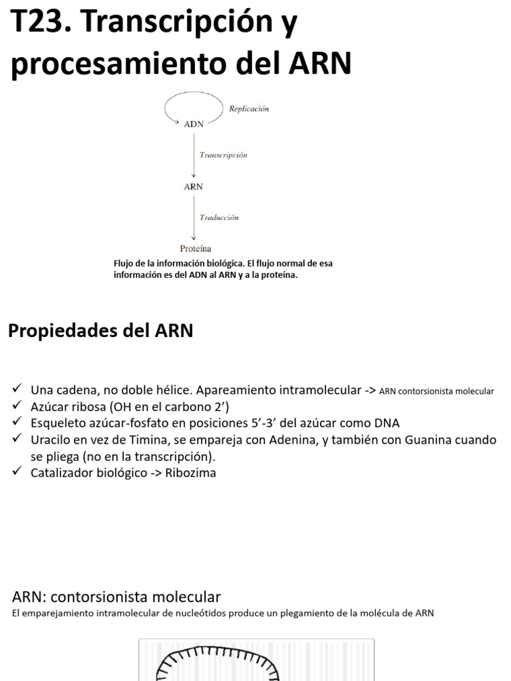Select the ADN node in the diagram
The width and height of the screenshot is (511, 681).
point(194,123)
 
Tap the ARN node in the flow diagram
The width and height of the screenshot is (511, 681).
point(194,187)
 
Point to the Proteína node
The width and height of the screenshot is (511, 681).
point(195,249)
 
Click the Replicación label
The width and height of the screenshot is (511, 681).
point(249,109)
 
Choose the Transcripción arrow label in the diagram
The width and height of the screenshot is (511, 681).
point(224,155)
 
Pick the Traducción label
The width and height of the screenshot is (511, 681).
point(219,217)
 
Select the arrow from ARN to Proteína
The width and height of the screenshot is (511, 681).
point(194,217)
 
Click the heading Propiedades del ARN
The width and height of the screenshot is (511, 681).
point(100,331)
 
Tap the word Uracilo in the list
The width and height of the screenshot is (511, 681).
point(51,440)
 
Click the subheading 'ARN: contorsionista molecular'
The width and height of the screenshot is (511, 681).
point(116,597)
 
